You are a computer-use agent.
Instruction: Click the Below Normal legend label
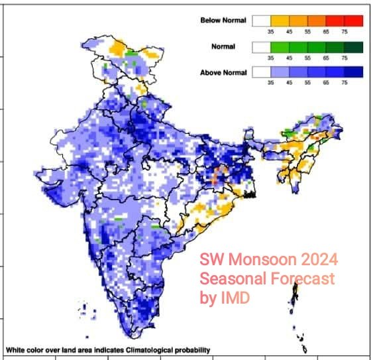[223, 21]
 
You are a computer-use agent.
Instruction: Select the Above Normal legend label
[223, 72]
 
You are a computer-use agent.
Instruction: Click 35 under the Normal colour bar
[270, 58]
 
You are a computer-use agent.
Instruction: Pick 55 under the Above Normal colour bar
[307, 84]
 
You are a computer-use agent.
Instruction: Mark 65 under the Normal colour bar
[326, 58]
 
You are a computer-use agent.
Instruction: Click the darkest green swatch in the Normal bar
[354, 46]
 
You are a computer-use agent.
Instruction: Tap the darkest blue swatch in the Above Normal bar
[354, 72]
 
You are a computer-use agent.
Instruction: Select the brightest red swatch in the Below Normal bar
[354, 21]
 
